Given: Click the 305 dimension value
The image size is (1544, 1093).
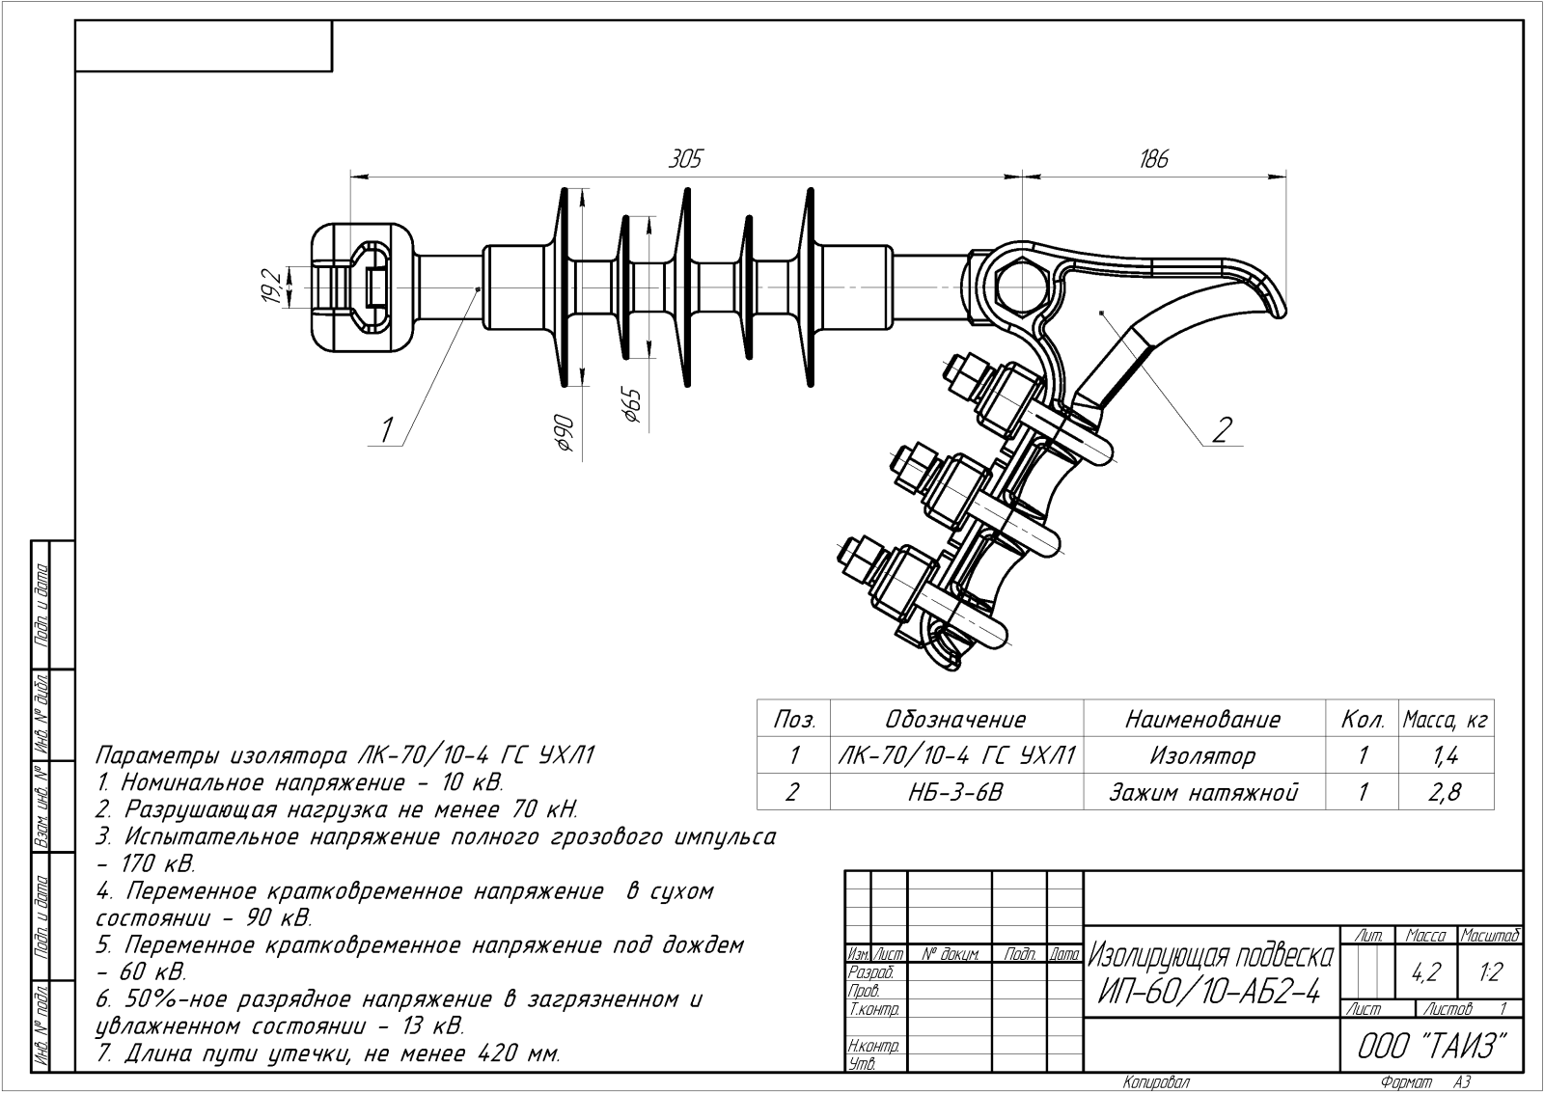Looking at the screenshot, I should (685, 159).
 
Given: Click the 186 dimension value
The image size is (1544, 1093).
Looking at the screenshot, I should (1153, 159).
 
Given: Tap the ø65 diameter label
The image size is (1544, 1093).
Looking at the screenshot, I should (632, 403).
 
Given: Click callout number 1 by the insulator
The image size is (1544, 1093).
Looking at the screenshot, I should (388, 427).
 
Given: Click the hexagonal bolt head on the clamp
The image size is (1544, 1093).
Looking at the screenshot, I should (1021, 287).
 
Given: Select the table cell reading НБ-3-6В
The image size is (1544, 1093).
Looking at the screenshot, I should (956, 792).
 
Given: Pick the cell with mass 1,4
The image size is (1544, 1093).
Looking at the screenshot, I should (1446, 755).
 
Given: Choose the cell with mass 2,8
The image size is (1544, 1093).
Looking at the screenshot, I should (1446, 792).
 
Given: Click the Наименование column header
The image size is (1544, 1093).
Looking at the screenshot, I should (1202, 720).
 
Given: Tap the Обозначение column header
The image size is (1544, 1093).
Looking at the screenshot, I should (955, 720).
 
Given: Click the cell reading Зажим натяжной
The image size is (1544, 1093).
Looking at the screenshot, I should (1202, 792).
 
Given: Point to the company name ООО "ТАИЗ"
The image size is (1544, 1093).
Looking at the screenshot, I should (1432, 1047).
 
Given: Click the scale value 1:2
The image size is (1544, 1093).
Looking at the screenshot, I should (1491, 972).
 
